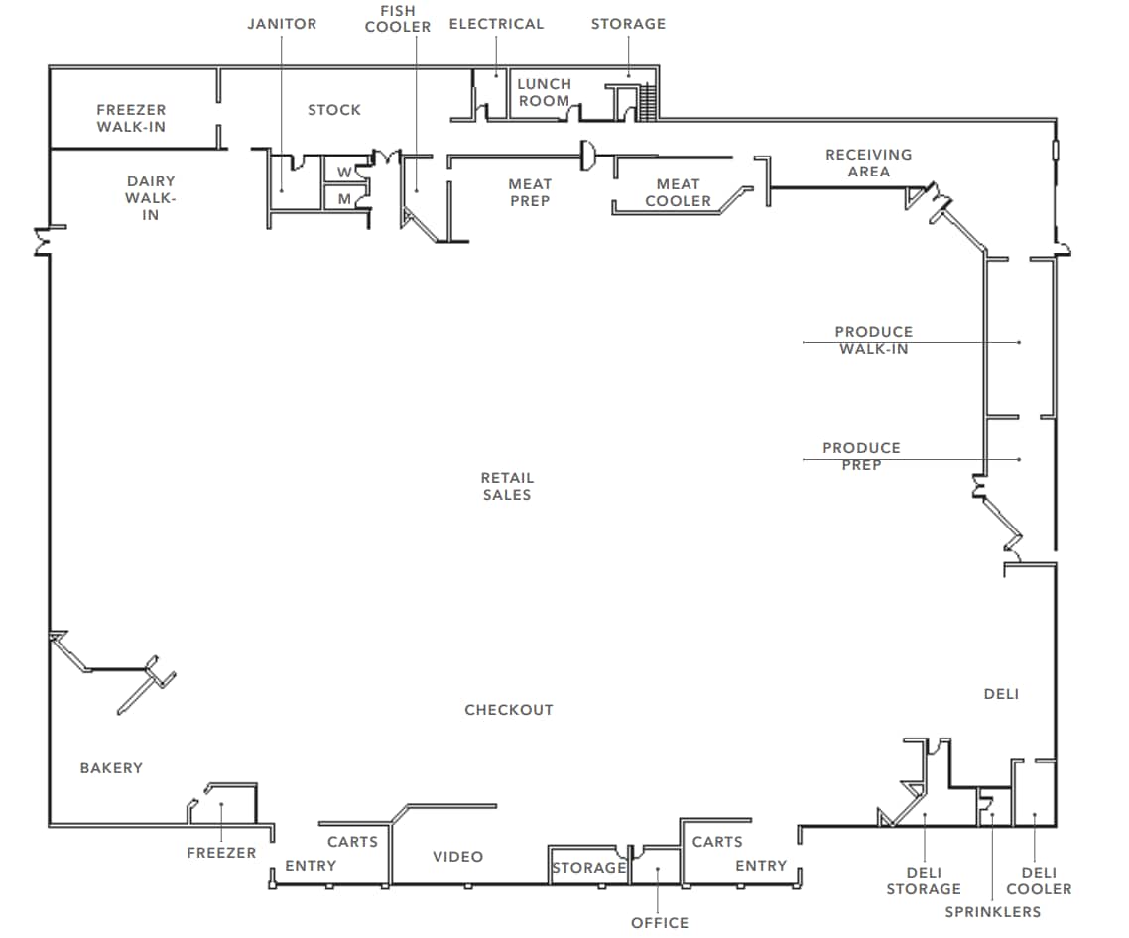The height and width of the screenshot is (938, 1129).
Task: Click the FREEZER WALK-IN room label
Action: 131,118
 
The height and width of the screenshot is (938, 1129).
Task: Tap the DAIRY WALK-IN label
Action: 151,197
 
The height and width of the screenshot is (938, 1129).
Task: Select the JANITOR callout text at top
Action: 282,24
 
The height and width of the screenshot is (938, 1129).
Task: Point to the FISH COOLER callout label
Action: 397,19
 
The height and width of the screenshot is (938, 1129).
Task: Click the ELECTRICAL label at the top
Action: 496,24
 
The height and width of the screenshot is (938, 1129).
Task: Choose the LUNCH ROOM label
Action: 544,92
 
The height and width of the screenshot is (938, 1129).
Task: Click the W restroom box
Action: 343,171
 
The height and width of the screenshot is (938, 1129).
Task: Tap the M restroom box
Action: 343,198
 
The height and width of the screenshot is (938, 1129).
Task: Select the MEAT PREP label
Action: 529,192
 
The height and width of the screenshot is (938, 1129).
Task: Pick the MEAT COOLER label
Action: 678,192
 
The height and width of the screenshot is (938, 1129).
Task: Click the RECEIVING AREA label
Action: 868,163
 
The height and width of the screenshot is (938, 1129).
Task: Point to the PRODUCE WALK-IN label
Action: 873,340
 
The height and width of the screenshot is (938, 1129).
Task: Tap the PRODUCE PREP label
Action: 861,456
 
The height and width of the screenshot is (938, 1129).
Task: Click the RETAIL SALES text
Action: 507,486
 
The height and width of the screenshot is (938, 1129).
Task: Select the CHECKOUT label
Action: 508,710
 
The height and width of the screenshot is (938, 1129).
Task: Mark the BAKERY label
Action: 111,768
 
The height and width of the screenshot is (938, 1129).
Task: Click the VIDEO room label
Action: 457,857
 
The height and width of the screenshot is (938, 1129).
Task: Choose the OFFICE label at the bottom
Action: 659,923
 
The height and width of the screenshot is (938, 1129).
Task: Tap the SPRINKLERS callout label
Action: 992,912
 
